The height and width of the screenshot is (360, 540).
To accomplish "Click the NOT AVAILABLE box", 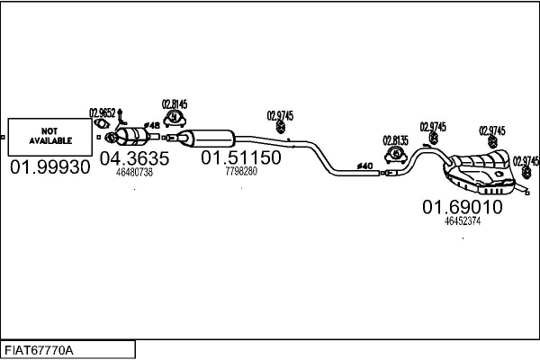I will [x=49, y=136].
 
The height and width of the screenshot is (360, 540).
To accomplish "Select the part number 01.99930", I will [x=49, y=167].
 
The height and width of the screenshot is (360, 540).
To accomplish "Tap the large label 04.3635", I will [x=134, y=158].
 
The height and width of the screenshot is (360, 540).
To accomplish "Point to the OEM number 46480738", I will [x=134, y=172].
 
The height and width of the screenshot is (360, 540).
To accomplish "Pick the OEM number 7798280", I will [x=240, y=171].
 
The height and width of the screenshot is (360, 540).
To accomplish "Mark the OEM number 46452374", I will [x=463, y=221].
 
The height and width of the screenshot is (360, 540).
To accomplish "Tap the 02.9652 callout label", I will [x=103, y=112].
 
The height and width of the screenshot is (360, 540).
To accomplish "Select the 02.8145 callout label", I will [x=175, y=103].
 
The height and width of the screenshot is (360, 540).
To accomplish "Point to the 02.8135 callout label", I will [x=395, y=140].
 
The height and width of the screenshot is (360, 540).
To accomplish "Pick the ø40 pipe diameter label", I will [x=364, y=166].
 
